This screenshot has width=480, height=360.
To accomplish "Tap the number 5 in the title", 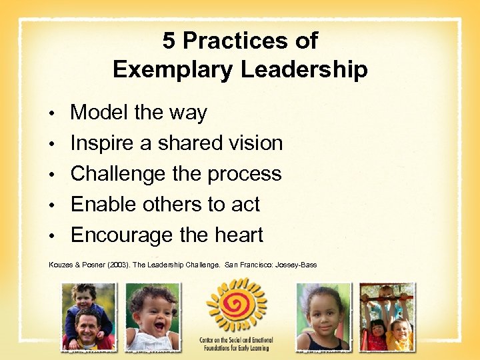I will click(x=169, y=41).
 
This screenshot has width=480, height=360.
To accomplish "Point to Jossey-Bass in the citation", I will click(x=298, y=265).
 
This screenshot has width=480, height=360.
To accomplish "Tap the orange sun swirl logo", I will click(x=237, y=306).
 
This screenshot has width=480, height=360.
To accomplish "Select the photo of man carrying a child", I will click(x=89, y=317).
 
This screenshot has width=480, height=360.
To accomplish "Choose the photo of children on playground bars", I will click(x=387, y=317).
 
